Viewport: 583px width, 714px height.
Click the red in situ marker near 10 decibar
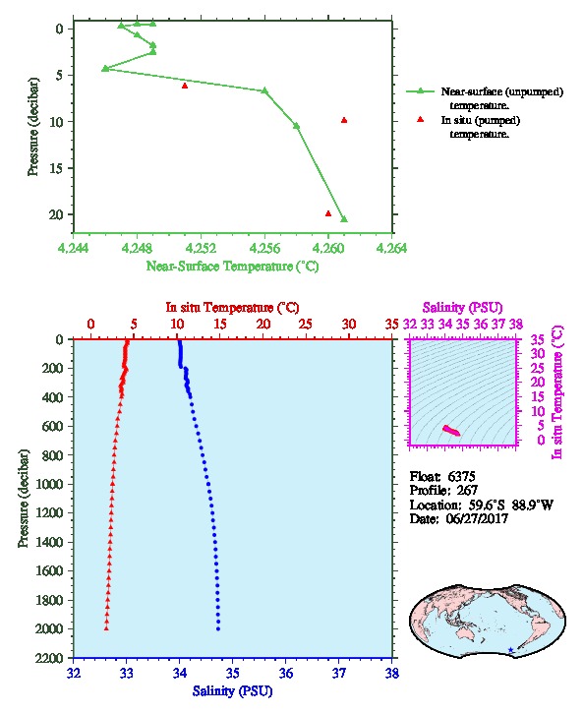[344, 120]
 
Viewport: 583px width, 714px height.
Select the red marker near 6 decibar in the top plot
[185, 86]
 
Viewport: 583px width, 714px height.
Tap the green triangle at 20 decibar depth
[344, 219]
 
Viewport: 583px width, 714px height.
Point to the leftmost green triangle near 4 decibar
[105, 68]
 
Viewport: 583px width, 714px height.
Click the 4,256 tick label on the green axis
[263, 248]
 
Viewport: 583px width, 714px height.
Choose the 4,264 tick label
[392, 248]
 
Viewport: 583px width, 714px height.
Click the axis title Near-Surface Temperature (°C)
[232, 266]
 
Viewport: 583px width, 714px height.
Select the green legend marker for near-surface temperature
[420, 91]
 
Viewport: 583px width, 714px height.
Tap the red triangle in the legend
[420, 119]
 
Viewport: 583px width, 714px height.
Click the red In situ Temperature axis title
[232, 308]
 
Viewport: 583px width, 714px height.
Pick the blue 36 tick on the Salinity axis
[286, 673]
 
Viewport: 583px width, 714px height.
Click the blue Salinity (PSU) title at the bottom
[233, 690]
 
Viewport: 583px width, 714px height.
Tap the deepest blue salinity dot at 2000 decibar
[218, 628]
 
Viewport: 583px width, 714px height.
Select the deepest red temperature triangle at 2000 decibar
[106, 628]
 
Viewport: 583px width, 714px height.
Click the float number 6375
[461, 476]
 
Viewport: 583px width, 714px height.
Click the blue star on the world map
[511, 650]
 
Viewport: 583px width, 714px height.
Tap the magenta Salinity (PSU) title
[462, 308]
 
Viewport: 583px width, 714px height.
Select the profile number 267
[467, 491]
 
